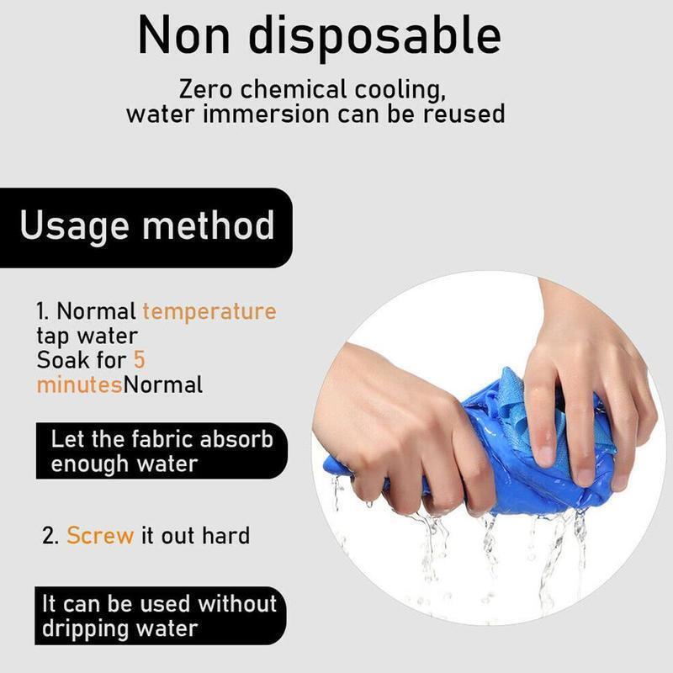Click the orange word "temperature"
tap(209, 311)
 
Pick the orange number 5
tap(140, 360)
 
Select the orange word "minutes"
tap(79, 385)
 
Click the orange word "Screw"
tap(100, 535)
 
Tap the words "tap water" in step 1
tap(87, 336)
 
